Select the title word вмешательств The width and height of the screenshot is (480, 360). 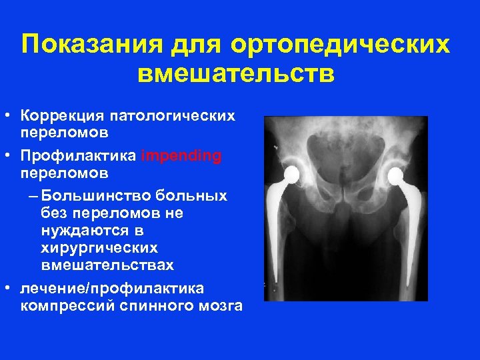tap(237, 73)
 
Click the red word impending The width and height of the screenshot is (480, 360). tap(181, 156)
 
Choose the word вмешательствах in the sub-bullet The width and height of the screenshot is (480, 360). tap(107, 265)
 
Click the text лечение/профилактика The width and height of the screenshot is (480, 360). tap(113, 288)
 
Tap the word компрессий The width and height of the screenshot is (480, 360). tap(60, 306)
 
